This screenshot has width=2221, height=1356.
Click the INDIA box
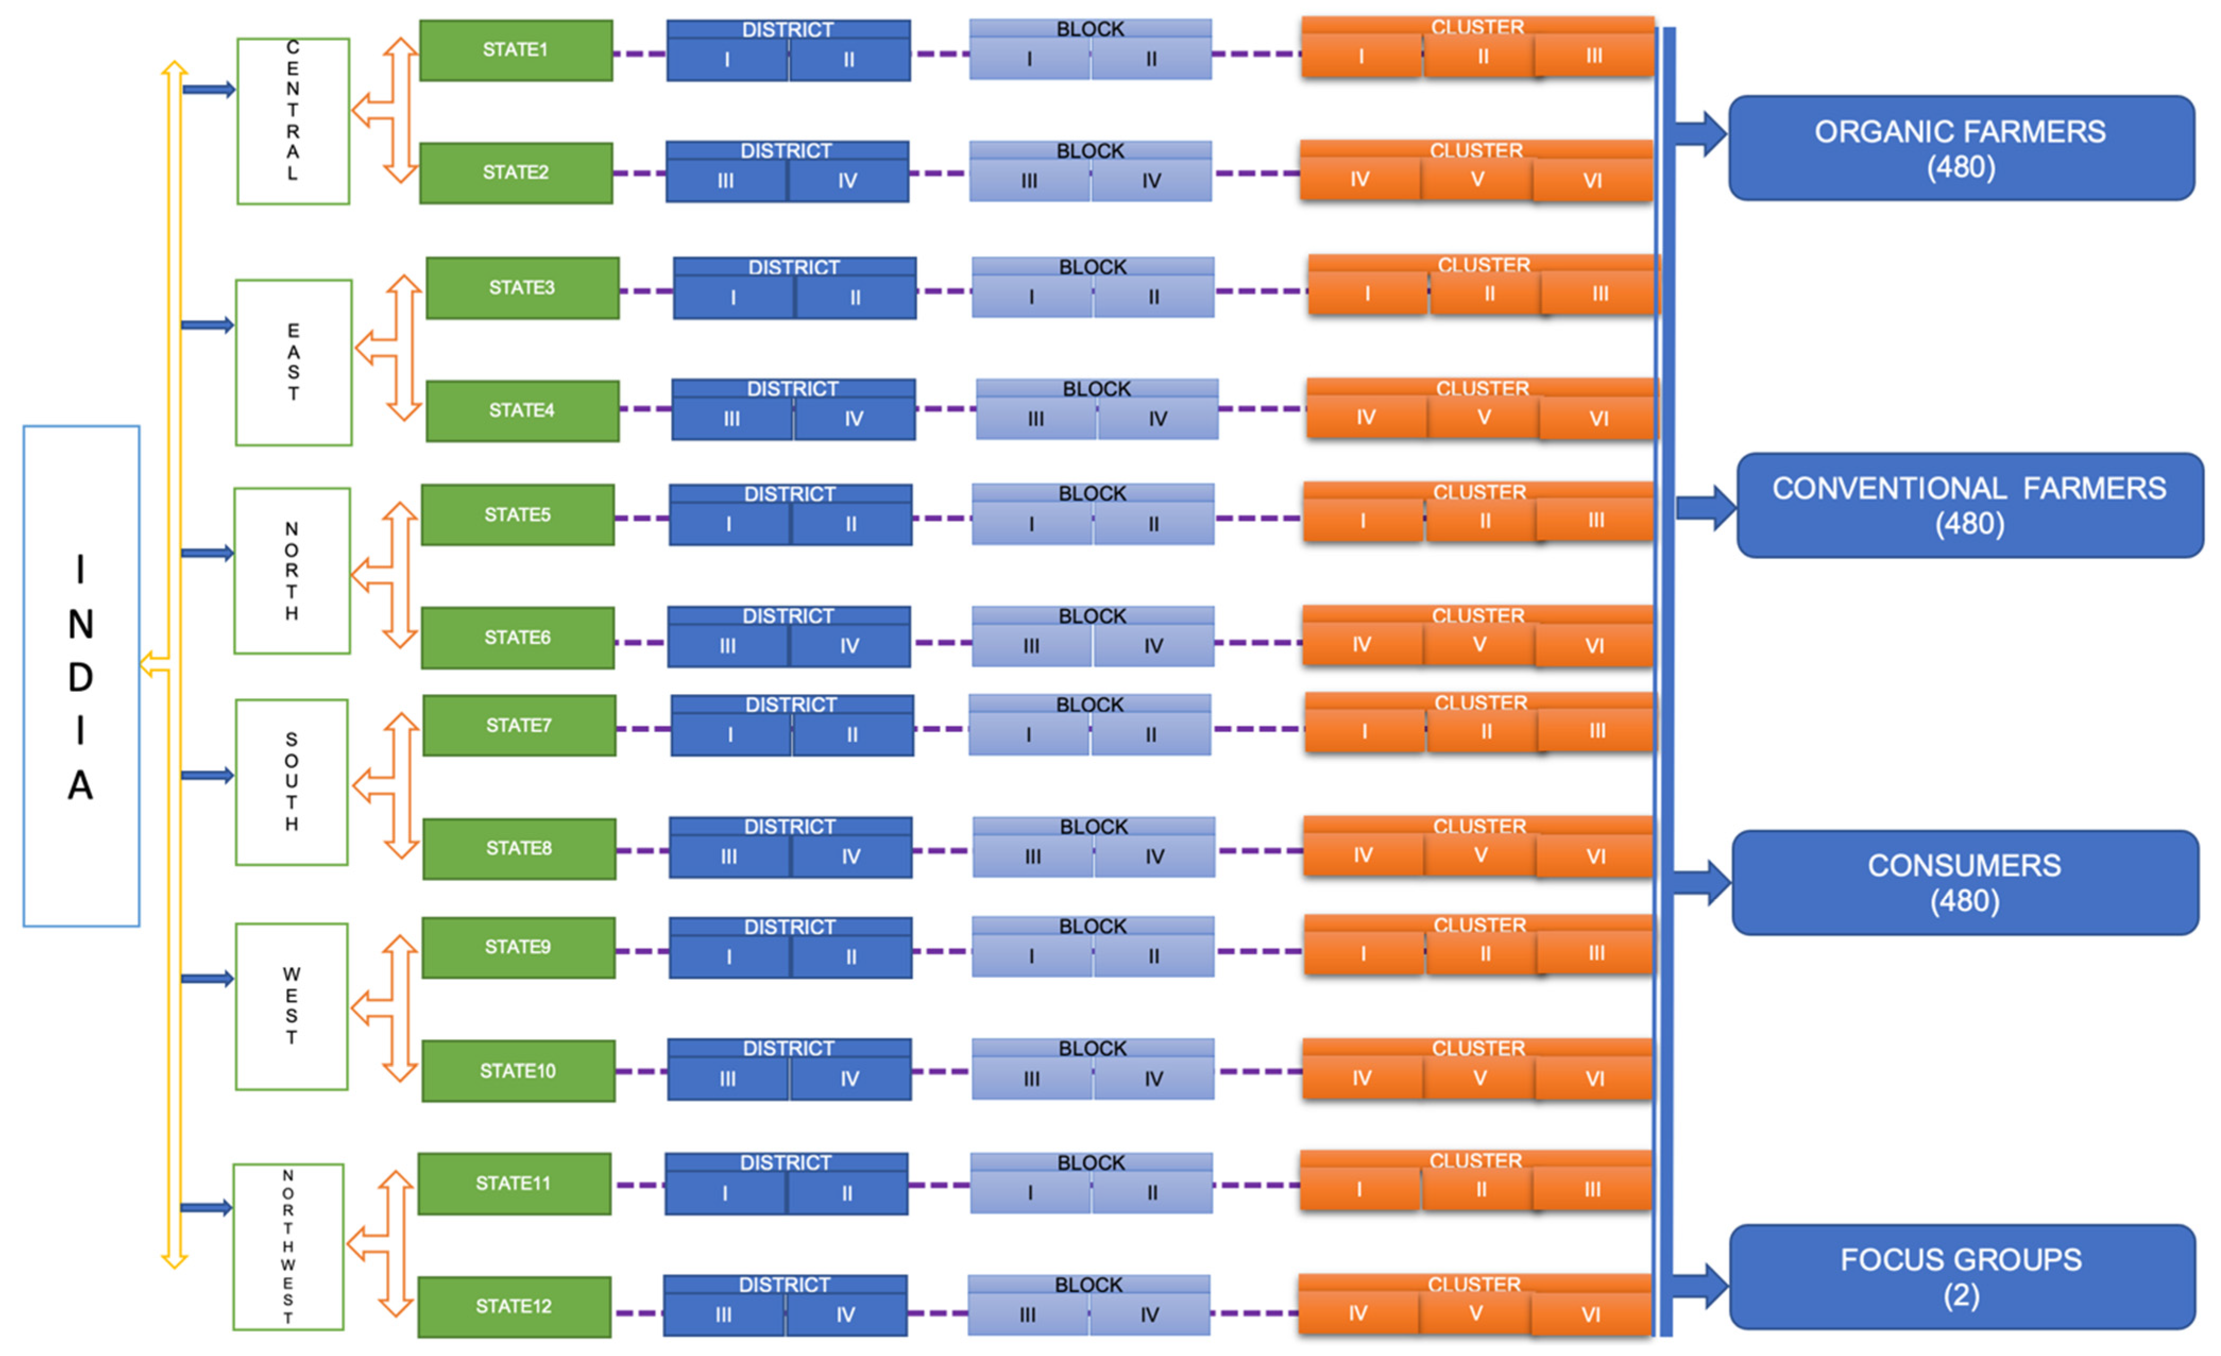(81, 676)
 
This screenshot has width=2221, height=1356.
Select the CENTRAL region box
(293, 121)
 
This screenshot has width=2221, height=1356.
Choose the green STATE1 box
(516, 50)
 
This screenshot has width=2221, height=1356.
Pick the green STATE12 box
(514, 1307)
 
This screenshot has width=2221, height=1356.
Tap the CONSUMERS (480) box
(1965, 883)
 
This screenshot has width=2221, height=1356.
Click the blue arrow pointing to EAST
(207, 325)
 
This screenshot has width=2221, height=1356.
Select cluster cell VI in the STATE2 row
(1593, 180)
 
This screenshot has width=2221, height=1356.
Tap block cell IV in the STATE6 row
(1154, 646)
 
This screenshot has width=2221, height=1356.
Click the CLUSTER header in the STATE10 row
(1478, 1048)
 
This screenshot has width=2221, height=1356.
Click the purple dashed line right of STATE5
(642, 519)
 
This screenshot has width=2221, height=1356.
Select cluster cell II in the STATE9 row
(1484, 954)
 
